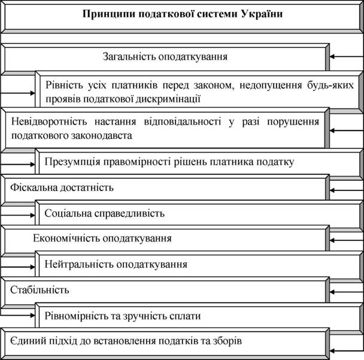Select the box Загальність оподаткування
165,57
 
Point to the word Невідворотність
49,122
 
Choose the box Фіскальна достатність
165,188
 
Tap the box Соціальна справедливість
199,213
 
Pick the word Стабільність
40,290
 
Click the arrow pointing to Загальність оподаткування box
347,56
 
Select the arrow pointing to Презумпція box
17,165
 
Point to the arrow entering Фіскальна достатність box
347,190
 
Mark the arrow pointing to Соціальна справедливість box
17,215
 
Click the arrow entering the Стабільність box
347,292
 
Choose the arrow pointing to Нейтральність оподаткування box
17,267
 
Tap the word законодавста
101,135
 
